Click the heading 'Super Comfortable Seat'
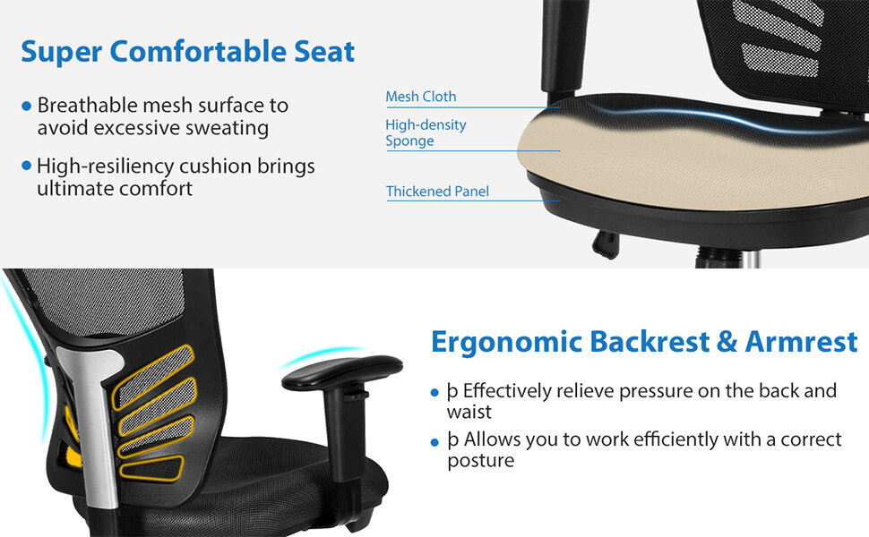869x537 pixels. click(x=187, y=51)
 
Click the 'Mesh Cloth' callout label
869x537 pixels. click(x=420, y=97)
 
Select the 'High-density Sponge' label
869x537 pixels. click(x=426, y=132)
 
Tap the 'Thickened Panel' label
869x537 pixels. click(x=437, y=192)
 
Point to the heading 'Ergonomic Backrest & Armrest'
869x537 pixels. click(x=644, y=341)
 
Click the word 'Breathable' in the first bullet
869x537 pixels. click(x=86, y=106)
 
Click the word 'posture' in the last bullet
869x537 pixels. click(x=480, y=461)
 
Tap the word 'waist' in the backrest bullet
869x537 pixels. click(x=469, y=413)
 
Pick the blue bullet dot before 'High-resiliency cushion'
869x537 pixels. click(x=26, y=166)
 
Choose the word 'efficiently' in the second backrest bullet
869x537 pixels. click(x=630, y=439)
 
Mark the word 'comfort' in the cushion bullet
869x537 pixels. click(x=159, y=189)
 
